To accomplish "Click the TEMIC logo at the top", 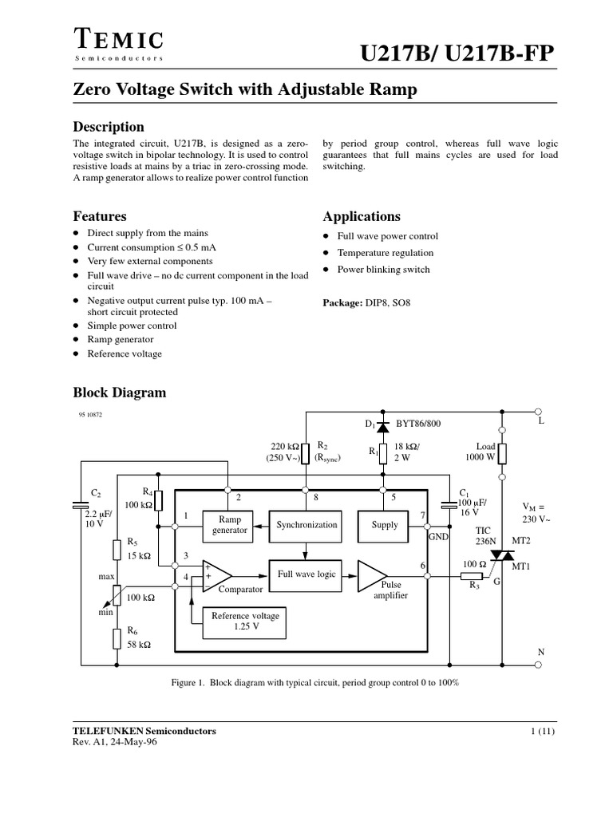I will click(x=119, y=40).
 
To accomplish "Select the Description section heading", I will click(x=109, y=127).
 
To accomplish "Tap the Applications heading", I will click(x=361, y=216).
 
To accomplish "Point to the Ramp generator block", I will click(x=229, y=524).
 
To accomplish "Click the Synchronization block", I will click(x=306, y=524).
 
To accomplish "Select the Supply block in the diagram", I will click(x=384, y=524).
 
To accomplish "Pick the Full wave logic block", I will click(x=306, y=574).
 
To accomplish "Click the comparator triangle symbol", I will click(x=216, y=574).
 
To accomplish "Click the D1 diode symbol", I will click(x=382, y=427).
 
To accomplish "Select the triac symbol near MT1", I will click(x=502, y=555).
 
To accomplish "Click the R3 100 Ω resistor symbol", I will click(x=472, y=576).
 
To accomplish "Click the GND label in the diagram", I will click(x=439, y=538).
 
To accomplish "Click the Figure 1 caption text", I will click(x=315, y=684).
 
